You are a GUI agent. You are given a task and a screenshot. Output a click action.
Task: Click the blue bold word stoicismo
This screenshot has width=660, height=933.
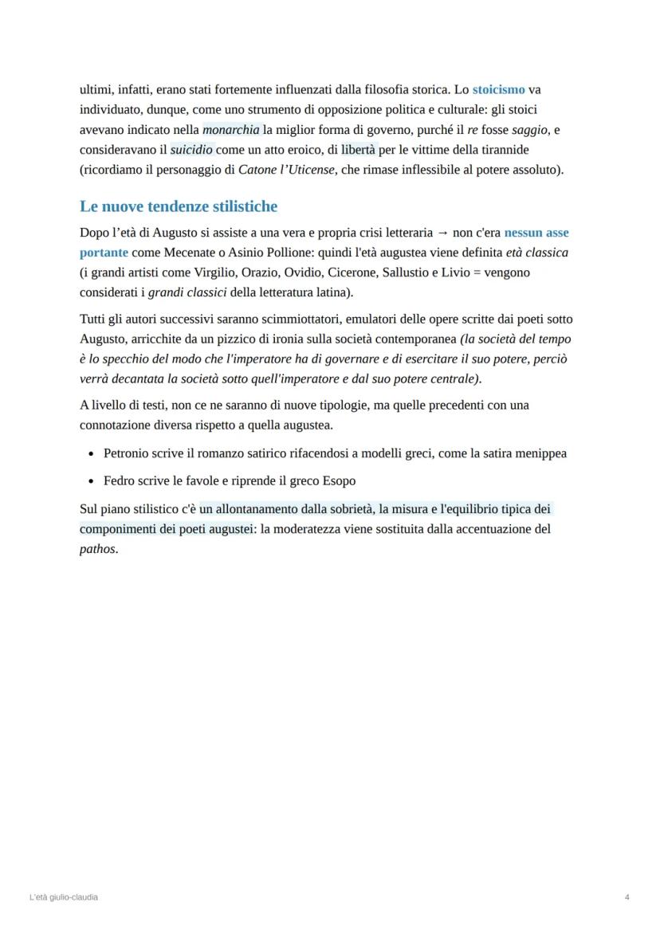pos(498,90)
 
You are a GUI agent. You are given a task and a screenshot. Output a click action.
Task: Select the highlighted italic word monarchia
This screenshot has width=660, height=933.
pos(231,130)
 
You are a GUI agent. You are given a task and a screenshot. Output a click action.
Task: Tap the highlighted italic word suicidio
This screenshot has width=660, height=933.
pos(191,150)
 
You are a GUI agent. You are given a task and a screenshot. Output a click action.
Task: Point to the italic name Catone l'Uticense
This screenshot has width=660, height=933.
pos(286,170)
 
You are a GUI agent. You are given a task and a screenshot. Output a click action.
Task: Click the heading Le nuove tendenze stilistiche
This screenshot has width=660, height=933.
pos(179,206)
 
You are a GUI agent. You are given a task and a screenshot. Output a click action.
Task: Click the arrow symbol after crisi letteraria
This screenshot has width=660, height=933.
pos(442,233)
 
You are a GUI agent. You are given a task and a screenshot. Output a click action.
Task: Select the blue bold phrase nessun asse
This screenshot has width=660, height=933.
pos(536,233)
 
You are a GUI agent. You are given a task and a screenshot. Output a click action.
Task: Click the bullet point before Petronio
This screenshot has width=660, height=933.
pos(92,454)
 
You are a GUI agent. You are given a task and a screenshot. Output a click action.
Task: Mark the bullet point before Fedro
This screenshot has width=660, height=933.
pos(92,481)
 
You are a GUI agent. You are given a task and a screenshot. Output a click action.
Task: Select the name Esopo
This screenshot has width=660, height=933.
pos(339,481)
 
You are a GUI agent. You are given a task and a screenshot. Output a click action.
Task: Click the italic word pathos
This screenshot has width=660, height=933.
pos(97,549)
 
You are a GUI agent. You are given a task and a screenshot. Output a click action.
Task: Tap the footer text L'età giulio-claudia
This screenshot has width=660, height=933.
pos(64,897)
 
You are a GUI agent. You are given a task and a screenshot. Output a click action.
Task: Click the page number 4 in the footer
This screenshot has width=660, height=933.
pos(627,897)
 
